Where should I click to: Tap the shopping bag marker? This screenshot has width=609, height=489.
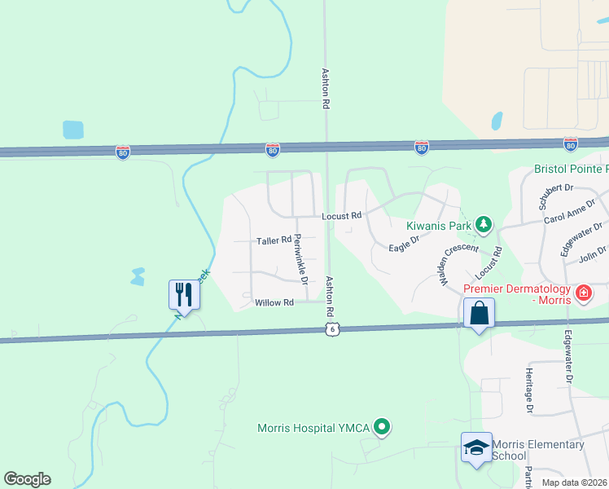coord(479,313)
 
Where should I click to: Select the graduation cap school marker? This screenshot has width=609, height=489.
coord(476,447)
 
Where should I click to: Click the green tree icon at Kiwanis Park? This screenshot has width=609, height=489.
coord(484,223)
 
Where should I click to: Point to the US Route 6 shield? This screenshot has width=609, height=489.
coord(330,328)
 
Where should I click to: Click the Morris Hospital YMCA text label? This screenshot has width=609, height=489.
coord(313,428)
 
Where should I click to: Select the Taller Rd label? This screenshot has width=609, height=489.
coord(274,240)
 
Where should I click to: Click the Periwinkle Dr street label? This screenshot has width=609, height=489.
coord(300,258)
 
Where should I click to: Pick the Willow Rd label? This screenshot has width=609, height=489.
coord(274,302)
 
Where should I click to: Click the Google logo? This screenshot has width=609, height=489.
coord(27,479)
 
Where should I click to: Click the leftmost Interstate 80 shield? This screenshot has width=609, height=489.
coord(122,152)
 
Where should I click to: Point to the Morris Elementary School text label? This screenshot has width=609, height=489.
coord(538,450)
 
